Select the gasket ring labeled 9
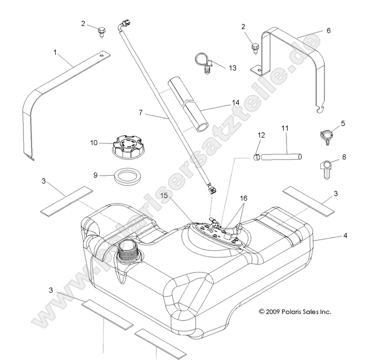125,176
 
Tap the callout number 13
232,67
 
